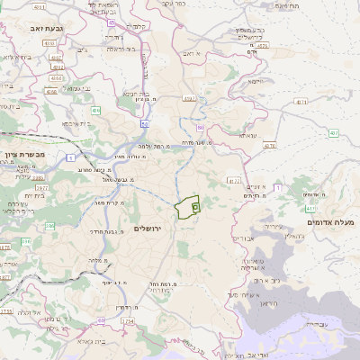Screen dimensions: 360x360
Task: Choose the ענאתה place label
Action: [248, 136]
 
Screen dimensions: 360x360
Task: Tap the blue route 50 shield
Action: [144, 122]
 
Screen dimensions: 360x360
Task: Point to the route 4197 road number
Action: [188, 97]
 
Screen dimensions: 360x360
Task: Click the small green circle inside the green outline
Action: [195, 206]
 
